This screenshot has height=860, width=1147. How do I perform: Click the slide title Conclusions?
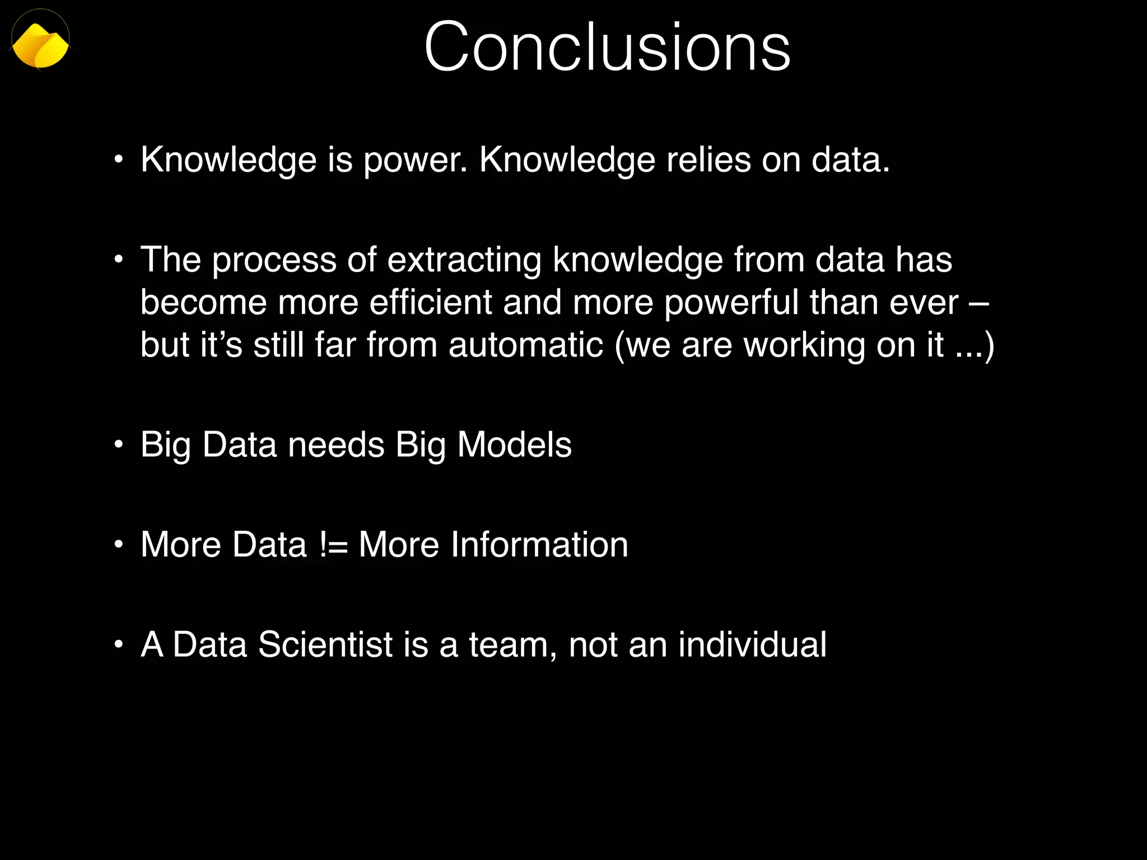pyautogui.click(x=607, y=47)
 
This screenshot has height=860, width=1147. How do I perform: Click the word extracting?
pyautogui.click(x=464, y=260)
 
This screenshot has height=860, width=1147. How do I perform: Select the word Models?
pyautogui.click(x=514, y=445)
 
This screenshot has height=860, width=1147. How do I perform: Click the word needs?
pyautogui.click(x=336, y=445)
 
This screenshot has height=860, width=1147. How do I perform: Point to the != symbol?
pyautogui.click(x=334, y=545)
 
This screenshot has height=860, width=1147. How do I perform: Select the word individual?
pyautogui.click(x=752, y=644)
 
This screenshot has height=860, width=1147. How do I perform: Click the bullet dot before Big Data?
pyautogui.click(x=118, y=445)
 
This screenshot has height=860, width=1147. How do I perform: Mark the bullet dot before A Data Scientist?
pyautogui.click(x=118, y=645)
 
